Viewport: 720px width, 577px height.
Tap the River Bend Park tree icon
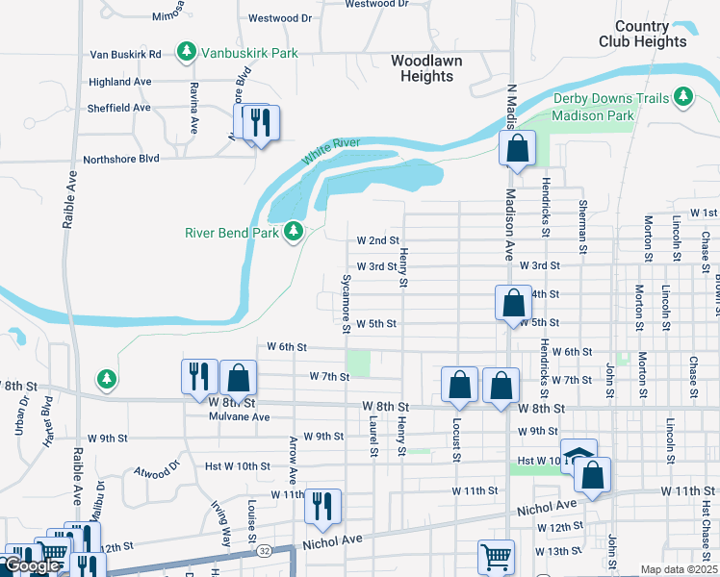294,232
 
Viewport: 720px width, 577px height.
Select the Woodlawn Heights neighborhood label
426,67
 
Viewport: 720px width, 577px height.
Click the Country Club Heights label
642,34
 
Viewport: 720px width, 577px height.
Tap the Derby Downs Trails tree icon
683,95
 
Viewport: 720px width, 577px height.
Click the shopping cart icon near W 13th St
497,555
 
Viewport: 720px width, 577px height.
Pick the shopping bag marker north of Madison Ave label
517,149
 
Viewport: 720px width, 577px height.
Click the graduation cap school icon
578,455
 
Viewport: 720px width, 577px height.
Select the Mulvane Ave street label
240,416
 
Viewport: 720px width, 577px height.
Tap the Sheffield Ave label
119,108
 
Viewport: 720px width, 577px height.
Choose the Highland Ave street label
120,82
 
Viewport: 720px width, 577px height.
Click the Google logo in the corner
32,565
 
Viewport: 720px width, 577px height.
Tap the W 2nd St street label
377,239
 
